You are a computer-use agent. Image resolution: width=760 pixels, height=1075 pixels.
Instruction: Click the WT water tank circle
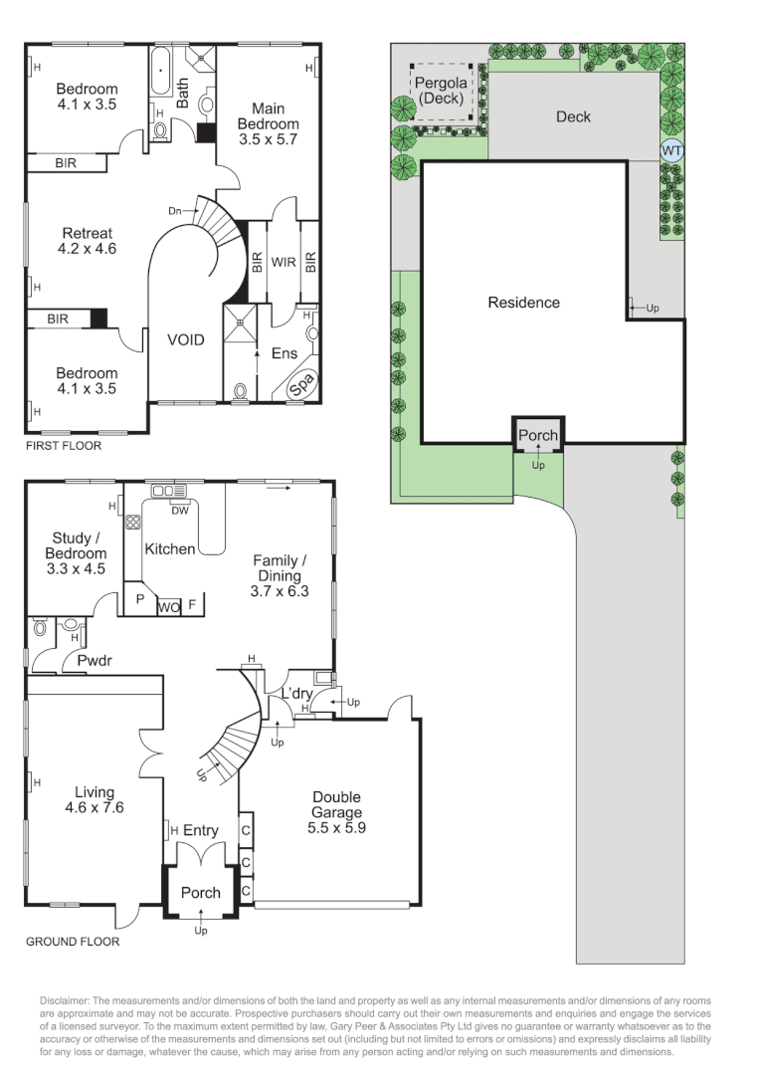(x=672, y=150)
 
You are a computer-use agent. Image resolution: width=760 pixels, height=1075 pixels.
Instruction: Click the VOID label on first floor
(x=185, y=340)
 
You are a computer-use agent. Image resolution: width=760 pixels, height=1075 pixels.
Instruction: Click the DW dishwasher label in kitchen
(x=180, y=512)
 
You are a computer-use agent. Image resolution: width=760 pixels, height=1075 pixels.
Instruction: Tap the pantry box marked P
(x=138, y=601)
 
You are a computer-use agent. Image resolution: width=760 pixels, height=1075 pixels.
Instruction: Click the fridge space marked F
(x=193, y=603)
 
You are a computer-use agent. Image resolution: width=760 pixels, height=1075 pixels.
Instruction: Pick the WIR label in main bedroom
(x=285, y=263)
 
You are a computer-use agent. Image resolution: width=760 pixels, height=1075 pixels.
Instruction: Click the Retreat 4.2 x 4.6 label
(x=89, y=241)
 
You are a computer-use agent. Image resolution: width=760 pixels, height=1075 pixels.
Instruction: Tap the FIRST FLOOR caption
(x=64, y=446)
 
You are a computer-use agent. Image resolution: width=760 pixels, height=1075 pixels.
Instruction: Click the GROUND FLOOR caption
(x=73, y=942)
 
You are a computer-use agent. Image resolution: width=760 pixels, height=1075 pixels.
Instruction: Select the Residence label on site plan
(x=523, y=303)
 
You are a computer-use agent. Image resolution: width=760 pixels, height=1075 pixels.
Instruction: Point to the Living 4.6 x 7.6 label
(x=94, y=800)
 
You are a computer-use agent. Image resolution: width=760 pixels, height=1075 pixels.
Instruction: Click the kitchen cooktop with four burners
(x=132, y=522)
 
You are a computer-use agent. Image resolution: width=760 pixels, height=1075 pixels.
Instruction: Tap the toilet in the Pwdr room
(x=40, y=628)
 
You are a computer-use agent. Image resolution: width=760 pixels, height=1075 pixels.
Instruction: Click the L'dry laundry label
(x=297, y=693)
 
